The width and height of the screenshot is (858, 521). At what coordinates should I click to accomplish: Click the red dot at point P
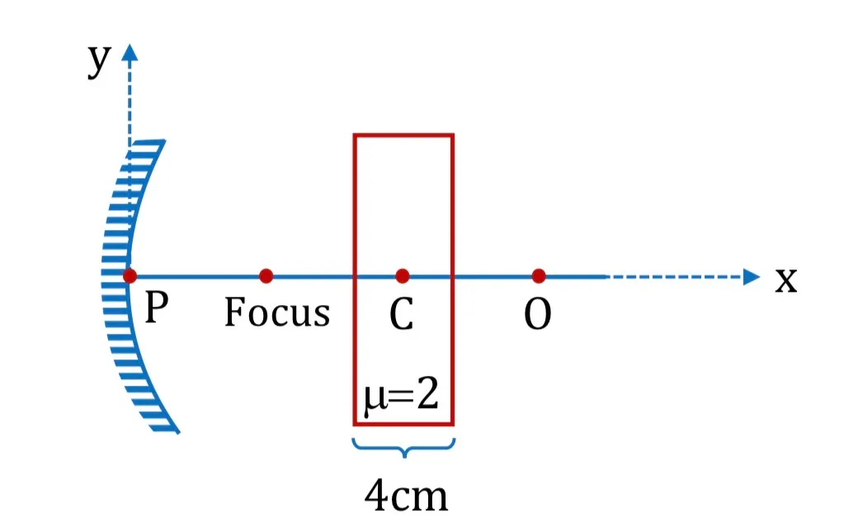130,276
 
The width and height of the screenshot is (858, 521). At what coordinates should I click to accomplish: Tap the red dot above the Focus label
266,276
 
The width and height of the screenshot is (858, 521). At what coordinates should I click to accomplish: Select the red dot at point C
403,276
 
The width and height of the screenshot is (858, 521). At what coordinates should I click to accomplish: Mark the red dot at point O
539,276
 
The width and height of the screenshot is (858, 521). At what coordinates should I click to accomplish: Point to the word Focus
277,312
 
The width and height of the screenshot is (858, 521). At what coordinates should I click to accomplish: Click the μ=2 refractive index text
402,395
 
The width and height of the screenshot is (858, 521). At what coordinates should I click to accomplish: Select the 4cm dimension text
406,495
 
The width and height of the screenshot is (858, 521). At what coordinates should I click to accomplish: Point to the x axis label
785,280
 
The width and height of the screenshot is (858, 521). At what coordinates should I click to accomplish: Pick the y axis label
99,60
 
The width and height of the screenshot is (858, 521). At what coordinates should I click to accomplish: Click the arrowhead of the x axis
752,277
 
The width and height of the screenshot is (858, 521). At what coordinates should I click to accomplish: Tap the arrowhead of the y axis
130,52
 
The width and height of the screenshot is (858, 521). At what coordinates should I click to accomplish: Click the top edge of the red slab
403,135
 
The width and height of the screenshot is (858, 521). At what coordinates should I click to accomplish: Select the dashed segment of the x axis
675,277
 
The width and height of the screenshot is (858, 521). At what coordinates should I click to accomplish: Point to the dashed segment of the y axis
130,104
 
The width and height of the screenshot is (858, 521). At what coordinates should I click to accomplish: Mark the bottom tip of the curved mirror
178,433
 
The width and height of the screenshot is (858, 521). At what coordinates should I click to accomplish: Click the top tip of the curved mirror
163,141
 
